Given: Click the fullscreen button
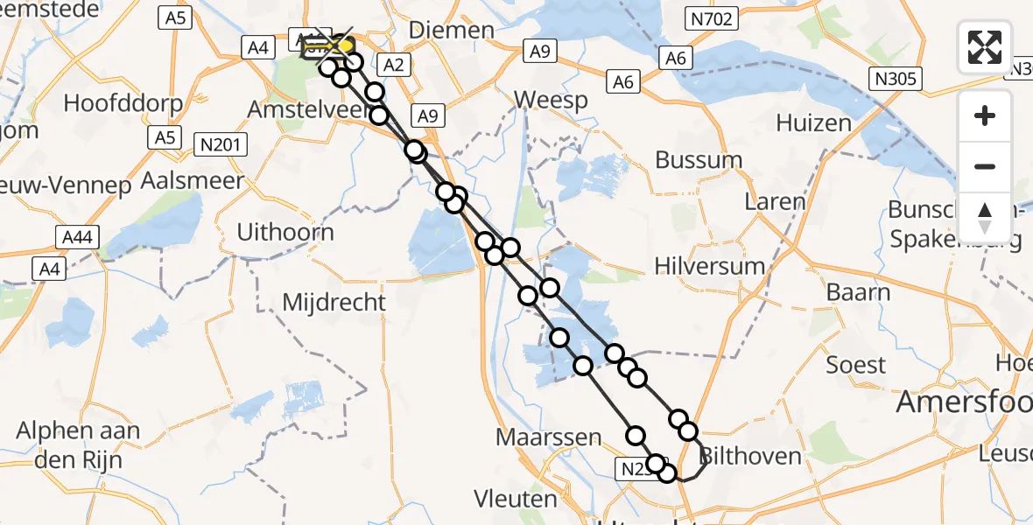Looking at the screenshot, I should pyautogui.click(x=985, y=46).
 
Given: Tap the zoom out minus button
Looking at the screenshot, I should pyautogui.click(x=985, y=166).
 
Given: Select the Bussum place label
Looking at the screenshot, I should pyautogui.click(x=699, y=160).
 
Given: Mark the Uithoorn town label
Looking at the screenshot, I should pyautogui.click(x=285, y=232).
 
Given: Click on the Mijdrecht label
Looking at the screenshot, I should pyautogui.click(x=334, y=303).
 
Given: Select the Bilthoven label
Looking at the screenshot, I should pyautogui.click(x=751, y=456).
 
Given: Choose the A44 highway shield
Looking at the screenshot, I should pyautogui.click(x=80, y=237).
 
